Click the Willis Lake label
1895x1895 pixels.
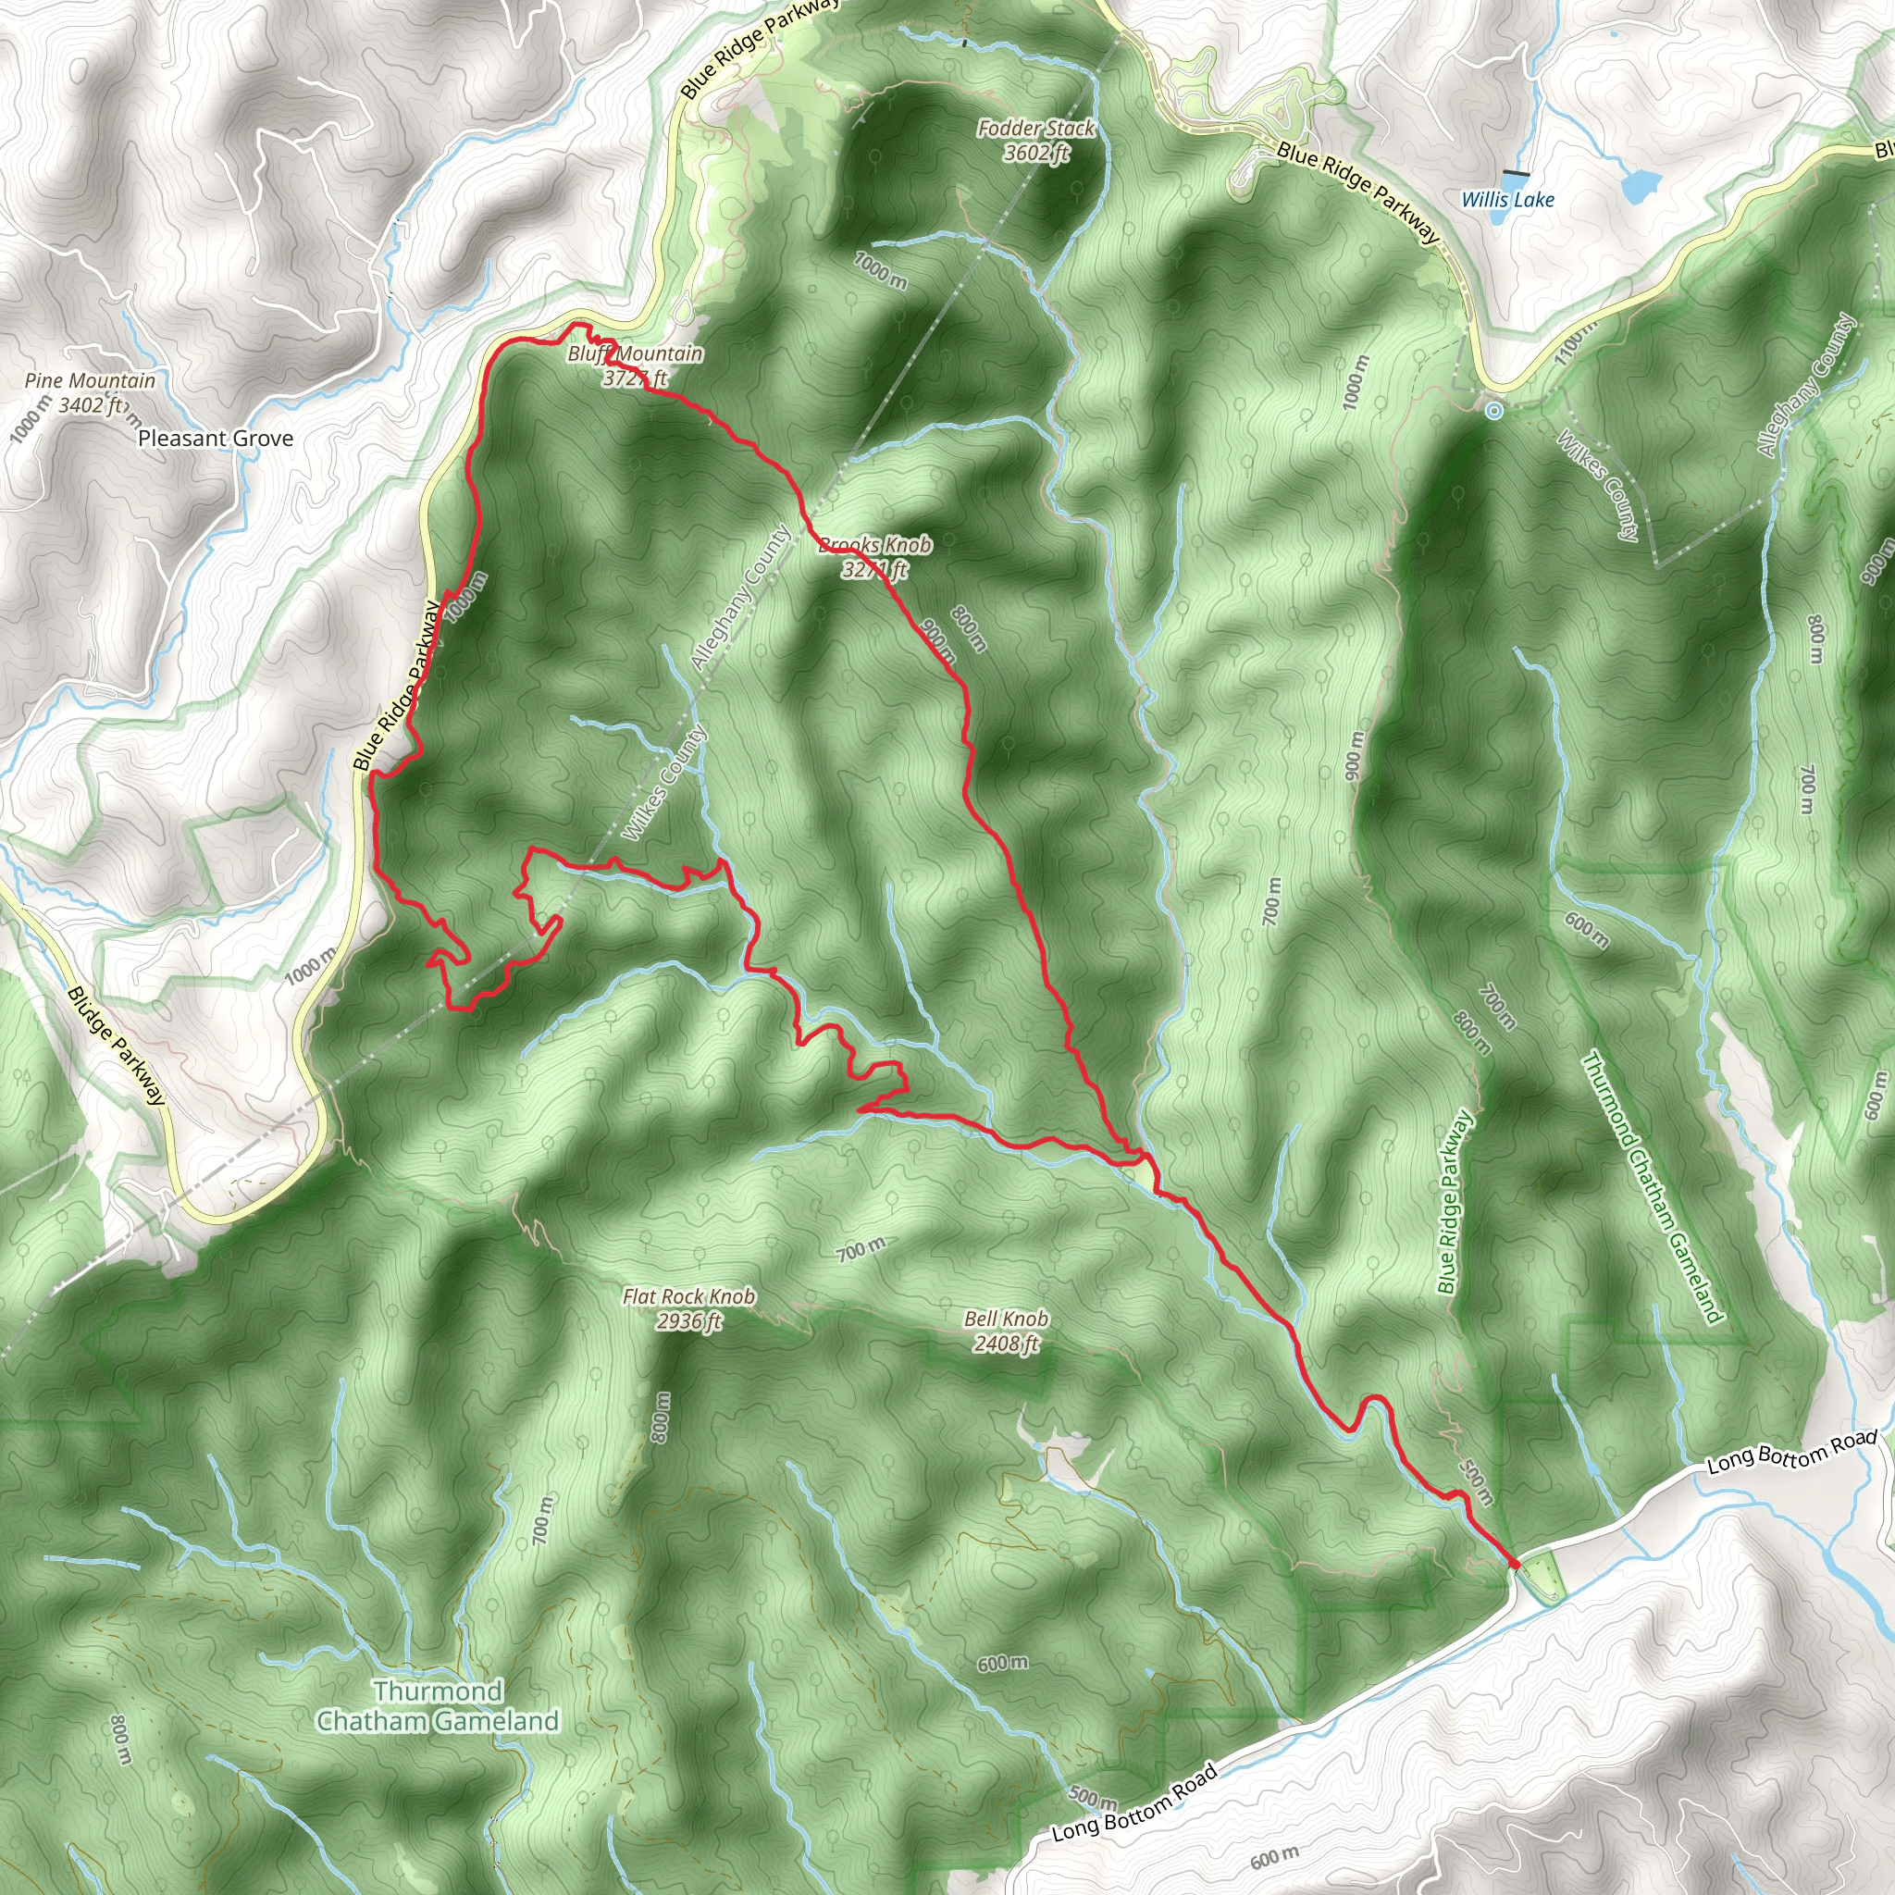(x=1507, y=200)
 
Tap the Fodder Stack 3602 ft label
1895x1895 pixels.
(x=1036, y=141)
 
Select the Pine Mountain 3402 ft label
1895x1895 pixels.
(x=89, y=392)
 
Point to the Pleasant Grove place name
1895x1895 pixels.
(x=215, y=439)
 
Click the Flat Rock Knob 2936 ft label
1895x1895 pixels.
(x=688, y=1308)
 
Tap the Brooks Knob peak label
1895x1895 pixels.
(x=875, y=556)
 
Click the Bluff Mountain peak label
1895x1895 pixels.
(x=636, y=365)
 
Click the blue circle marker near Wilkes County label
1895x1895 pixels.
(x=1492, y=411)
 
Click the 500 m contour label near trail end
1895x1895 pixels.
(x=1476, y=1482)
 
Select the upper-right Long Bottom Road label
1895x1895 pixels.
(x=1792, y=1453)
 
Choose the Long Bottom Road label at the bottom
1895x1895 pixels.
(x=1133, y=1802)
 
